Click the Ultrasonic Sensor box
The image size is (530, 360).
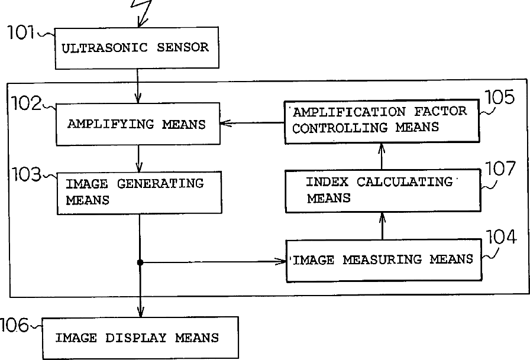pyautogui.click(x=137, y=48)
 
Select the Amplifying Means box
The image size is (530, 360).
pyautogui.click(x=137, y=124)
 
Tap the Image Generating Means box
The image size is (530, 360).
pyautogui.click(x=139, y=192)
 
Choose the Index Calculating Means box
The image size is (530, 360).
pyautogui.click(x=382, y=190)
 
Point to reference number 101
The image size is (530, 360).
pyautogui.click(x=21, y=33)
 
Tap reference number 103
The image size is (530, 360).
pyautogui.click(x=26, y=175)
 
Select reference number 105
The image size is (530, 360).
pyautogui.click(x=500, y=98)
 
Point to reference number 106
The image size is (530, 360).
pyautogui.click(x=14, y=325)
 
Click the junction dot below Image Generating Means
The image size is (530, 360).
pyautogui.click(x=140, y=262)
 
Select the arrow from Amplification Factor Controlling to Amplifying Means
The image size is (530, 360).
pyautogui.click(x=252, y=124)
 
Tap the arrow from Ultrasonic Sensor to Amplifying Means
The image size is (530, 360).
pyautogui.click(x=138, y=85)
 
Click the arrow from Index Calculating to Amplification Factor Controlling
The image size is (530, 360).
pyautogui.click(x=382, y=156)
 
